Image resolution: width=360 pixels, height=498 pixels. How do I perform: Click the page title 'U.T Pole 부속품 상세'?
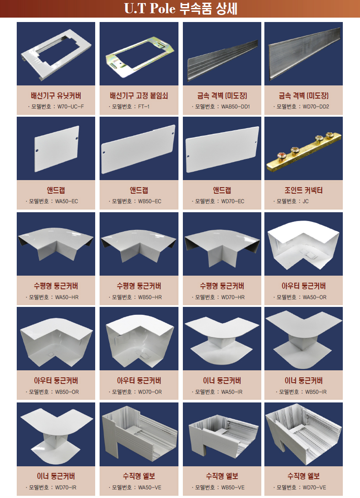point(181,8)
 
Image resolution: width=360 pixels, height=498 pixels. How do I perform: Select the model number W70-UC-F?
point(71,107)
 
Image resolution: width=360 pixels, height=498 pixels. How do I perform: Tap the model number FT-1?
point(144,107)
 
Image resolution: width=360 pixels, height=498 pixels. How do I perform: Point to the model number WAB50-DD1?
point(235,107)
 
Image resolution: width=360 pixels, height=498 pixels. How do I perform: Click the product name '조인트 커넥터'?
point(304,190)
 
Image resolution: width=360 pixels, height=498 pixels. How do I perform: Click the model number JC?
point(306,201)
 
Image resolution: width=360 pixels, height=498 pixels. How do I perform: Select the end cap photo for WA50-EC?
point(56,149)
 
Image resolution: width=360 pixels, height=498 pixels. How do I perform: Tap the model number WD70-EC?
point(233,201)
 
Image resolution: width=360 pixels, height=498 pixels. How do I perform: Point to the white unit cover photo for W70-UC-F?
point(56,55)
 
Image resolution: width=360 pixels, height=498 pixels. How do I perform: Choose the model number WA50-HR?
point(67,297)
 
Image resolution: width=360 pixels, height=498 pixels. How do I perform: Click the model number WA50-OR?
point(314,297)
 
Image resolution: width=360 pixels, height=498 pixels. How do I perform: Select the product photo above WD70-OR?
point(139,339)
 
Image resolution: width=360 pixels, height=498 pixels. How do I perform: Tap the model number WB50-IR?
point(316,392)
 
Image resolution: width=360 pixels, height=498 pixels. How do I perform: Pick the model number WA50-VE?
point(150,487)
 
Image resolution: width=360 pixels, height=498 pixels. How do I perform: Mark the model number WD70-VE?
point(314,487)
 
